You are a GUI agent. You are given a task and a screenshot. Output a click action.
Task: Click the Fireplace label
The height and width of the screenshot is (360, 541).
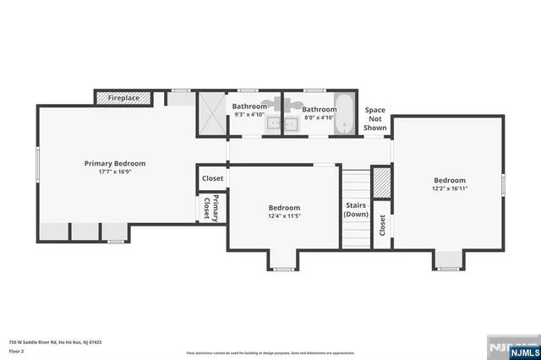point(123,98)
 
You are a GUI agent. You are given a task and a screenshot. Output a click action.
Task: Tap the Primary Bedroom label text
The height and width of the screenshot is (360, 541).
point(114,163)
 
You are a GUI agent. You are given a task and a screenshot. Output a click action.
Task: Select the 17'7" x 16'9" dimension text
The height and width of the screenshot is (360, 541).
point(114,172)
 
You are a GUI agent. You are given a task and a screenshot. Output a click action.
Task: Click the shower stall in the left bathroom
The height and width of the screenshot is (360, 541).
point(211,113)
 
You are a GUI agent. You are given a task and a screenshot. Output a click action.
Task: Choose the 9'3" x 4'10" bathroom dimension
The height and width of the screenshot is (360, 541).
point(249,115)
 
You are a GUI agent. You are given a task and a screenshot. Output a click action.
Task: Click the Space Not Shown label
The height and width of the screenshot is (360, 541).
point(375,119)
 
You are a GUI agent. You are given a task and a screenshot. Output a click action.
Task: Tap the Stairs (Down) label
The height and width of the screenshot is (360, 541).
point(355,210)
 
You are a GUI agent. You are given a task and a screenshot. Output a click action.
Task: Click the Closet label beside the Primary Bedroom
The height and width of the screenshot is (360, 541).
point(212,178)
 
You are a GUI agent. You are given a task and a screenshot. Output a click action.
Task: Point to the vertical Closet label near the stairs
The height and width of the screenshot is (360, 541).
point(382,224)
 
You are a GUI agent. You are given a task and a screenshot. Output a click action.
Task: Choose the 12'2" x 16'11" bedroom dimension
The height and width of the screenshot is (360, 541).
point(450,188)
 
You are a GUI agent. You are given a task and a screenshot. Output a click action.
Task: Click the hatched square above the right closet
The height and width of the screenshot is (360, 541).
point(382,182)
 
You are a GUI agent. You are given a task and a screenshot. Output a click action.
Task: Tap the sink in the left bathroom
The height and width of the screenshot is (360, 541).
point(274,124)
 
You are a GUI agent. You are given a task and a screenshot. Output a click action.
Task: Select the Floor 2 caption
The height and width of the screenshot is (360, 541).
point(17,351)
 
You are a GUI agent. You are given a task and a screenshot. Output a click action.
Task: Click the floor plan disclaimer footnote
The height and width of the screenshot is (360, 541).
point(270,352)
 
